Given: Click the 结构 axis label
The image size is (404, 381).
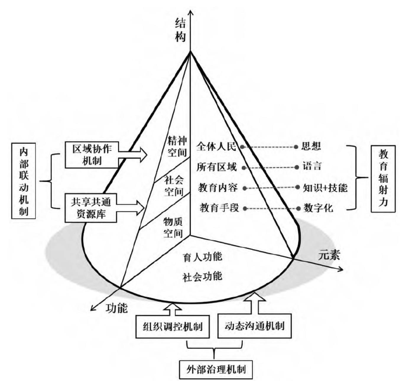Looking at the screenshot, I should point(181,30).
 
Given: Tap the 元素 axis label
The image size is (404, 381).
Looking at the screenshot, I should point(329,254).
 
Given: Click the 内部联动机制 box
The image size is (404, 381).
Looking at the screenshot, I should point(24,181).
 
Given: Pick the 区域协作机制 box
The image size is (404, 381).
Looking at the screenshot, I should point(92,155).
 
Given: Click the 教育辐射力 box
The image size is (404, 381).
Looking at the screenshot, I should point(383,178).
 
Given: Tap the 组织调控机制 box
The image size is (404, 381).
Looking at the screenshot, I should point(173,327).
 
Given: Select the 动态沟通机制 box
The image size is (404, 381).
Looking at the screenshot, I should point(254,326).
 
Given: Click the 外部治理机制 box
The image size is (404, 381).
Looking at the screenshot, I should point(216,369).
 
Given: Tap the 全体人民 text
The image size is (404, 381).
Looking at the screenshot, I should point(216,146).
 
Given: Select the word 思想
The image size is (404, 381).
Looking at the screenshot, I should point(311,146).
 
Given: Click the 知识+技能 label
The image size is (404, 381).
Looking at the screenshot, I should point(325,188).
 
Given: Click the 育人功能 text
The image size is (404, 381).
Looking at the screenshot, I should point(202,257).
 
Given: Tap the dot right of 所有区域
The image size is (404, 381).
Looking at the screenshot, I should point(244,168).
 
